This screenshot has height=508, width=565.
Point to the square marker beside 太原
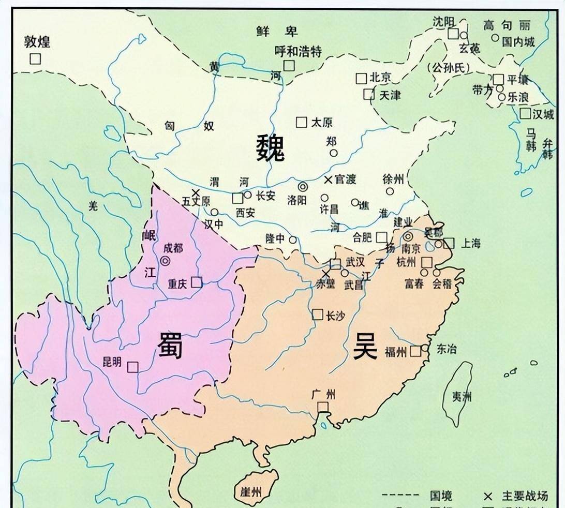(x=301, y=122)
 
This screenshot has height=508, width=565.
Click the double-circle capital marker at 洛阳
(x=302, y=187)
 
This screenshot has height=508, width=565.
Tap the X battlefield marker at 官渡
(x=328, y=180)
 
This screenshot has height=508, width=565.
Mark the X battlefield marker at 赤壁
(x=325, y=274)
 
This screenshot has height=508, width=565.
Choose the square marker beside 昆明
(x=133, y=366)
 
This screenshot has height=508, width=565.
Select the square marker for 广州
(x=323, y=407)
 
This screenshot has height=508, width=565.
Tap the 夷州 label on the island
(x=462, y=397)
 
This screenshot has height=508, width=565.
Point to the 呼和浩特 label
(x=298, y=51)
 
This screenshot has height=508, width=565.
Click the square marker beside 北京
(x=361, y=79)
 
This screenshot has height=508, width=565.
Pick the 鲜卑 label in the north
(x=277, y=32)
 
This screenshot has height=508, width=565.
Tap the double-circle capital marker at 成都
(x=165, y=261)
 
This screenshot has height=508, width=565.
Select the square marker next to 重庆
(x=197, y=282)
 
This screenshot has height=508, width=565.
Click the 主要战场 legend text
(x=524, y=496)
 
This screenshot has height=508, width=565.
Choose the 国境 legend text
(x=441, y=496)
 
